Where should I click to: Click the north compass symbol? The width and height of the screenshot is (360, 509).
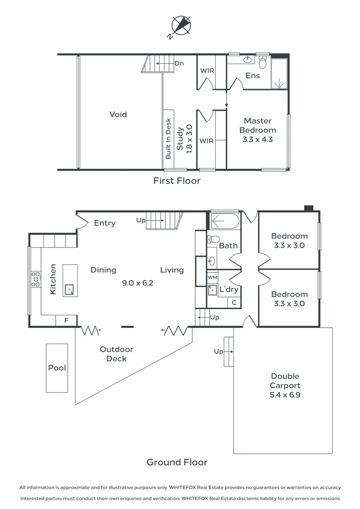click(x=181, y=25)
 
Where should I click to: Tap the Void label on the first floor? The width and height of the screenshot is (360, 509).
click(x=118, y=114)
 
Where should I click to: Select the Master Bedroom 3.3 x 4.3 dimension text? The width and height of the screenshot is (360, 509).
click(x=258, y=139)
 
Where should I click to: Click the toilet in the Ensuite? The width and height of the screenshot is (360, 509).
click(x=262, y=62)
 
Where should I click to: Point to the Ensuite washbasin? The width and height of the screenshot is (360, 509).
click(x=248, y=59)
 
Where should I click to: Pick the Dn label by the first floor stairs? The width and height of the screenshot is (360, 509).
click(x=179, y=63)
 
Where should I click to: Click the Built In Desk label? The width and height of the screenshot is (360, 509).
click(x=168, y=139)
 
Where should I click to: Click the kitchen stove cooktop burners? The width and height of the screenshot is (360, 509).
click(x=35, y=279)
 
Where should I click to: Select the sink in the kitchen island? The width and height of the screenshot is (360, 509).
click(x=69, y=289)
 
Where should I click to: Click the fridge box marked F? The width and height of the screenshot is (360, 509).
click(x=66, y=320)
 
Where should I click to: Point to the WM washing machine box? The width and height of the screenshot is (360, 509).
click(x=213, y=277)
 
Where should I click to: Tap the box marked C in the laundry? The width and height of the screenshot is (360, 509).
click(x=234, y=303)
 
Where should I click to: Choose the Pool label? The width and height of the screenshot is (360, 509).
click(x=57, y=368)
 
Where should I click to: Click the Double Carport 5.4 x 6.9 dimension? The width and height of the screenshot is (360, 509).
click(x=285, y=395)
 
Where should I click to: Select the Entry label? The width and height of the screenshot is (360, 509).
click(x=105, y=223)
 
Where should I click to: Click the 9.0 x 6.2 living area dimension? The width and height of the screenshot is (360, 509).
click(x=138, y=283)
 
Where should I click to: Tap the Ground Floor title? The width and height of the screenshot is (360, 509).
click(x=177, y=462)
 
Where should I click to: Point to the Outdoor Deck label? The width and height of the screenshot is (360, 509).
click(x=116, y=354)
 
